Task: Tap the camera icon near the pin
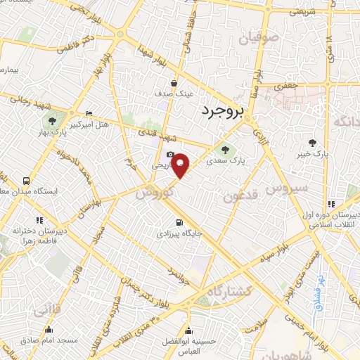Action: click(x=169, y=155)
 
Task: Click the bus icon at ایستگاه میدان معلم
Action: click(x=26, y=179)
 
